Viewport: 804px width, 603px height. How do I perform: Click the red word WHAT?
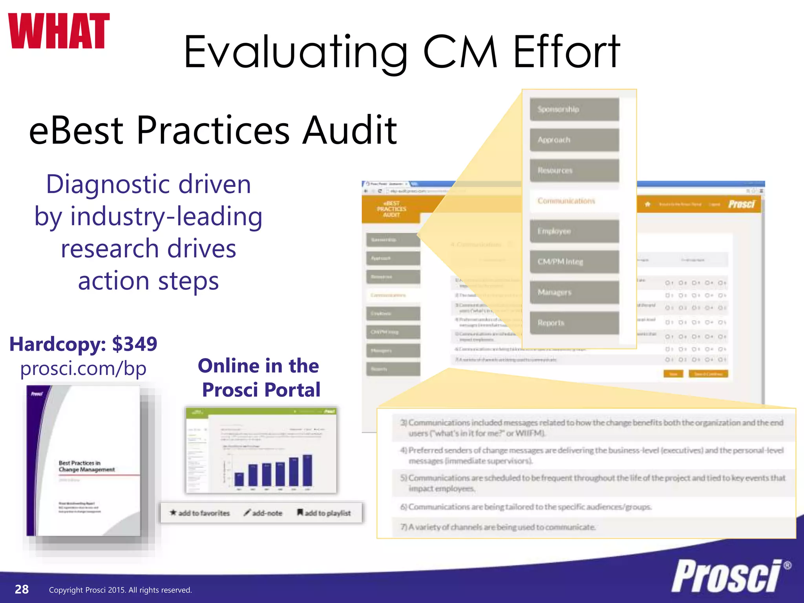[58, 31]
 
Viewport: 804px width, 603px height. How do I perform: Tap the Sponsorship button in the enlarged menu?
[574, 110]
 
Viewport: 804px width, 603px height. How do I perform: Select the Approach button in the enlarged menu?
[574, 140]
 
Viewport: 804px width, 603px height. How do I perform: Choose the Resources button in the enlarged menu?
[574, 170]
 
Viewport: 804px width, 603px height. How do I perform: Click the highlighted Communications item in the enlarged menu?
[574, 201]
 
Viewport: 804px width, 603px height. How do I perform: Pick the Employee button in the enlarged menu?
[574, 231]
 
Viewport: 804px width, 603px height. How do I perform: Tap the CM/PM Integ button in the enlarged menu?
[574, 262]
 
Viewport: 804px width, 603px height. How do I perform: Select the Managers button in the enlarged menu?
[574, 292]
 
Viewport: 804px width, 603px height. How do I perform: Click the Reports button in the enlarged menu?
[574, 323]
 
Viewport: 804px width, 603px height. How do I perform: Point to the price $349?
[135, 344]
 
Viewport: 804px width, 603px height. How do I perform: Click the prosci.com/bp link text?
[83, 369]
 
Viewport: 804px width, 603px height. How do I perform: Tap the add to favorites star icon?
[173, 513]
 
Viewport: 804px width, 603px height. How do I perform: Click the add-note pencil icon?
[247, 513]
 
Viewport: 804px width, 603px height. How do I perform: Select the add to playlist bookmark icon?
[300, 512]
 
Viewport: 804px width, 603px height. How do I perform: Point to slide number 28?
[22, 589]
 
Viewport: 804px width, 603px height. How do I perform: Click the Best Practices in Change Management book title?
[87, 466]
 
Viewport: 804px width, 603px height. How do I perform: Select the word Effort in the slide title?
[566, 52]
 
